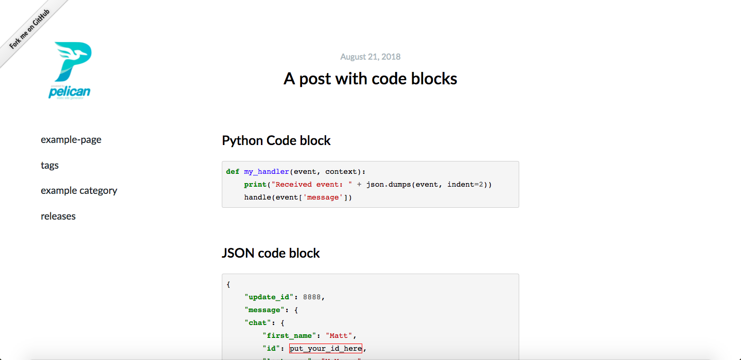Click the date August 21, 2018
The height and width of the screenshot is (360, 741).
[370, 57]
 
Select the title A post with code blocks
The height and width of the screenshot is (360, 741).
[370, 79]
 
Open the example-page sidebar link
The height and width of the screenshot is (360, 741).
[71, 139]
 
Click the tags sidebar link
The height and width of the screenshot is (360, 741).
[50, 165]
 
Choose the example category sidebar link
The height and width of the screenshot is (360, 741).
[79, 190]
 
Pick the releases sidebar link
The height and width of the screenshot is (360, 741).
[58, 216]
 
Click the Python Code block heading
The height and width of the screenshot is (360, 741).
[276, 140]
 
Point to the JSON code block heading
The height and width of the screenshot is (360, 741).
[271, 253]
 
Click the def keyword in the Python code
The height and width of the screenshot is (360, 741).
[233, 172]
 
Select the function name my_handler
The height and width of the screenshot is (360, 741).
[267, 172]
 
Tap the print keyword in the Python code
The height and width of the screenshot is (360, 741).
[255, 185]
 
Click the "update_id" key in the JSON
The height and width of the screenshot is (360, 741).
[269, 297]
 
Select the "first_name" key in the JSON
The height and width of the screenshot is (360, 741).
[289, 336]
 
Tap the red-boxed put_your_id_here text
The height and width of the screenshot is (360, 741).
[326, 349]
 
